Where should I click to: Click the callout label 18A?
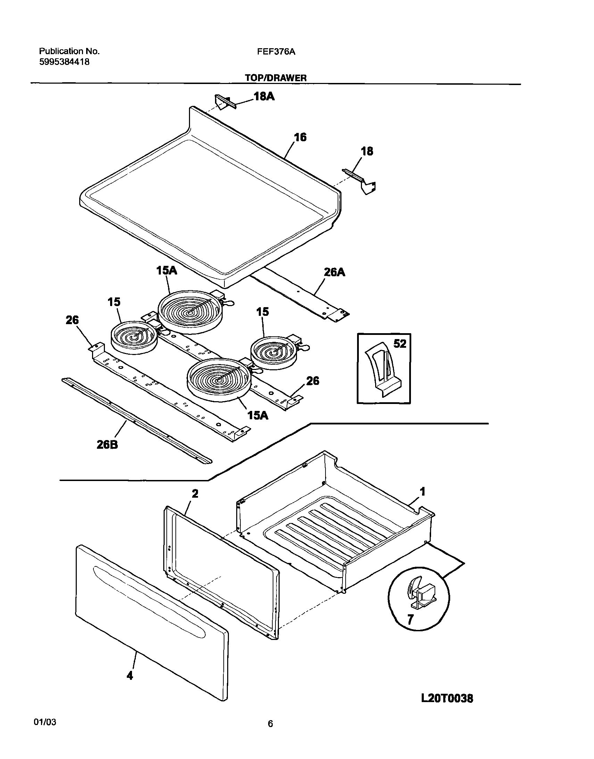tap(264, 96)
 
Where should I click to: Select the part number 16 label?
tap(300, 138)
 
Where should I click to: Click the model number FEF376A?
tap(276, 52)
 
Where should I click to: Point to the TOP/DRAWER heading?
tap(276, 78)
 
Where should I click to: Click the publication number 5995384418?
tap(64, 62)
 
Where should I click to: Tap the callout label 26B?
tap(107, 445)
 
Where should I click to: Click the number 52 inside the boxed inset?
tap(399, 344)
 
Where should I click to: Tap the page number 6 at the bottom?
tap(270, 734)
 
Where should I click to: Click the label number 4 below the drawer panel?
tap(129, 676)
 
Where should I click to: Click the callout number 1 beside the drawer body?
tap(422, 492)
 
